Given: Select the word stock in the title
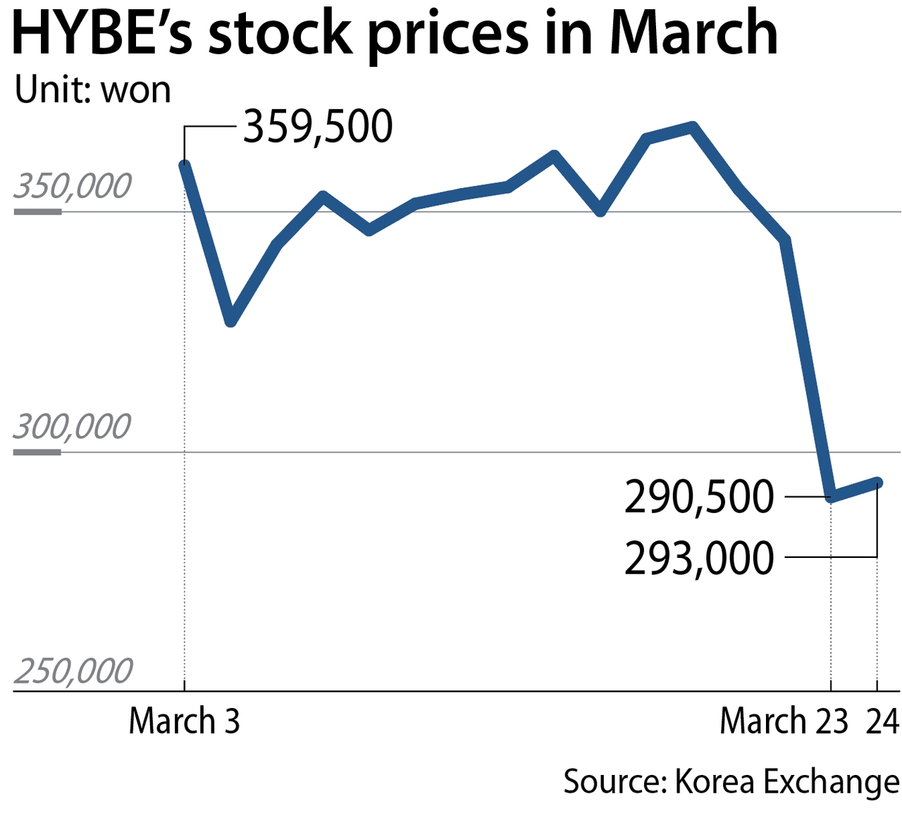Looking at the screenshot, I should coord(280,33).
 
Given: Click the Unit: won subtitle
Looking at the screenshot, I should coord(92,90).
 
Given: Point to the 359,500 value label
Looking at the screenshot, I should coord(317,128).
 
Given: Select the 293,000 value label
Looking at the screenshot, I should coord(699,559).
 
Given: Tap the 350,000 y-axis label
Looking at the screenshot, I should coord(73,187).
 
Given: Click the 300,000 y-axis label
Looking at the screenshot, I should coord(73,427).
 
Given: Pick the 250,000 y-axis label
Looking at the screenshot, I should coord(73,671).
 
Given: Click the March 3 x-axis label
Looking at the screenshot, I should coord(184,721).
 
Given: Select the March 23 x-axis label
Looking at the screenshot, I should coord(784,721).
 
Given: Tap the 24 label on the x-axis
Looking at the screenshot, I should coord(882,721).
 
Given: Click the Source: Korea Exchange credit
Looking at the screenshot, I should coord(731,782).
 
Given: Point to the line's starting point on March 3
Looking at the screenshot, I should coord(185,166).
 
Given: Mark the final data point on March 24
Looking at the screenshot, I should coord(877,483).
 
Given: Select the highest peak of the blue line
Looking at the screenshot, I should coord(693,128).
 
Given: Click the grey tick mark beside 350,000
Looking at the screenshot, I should coord(37,211).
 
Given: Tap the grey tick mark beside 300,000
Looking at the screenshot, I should coord(37,452).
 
